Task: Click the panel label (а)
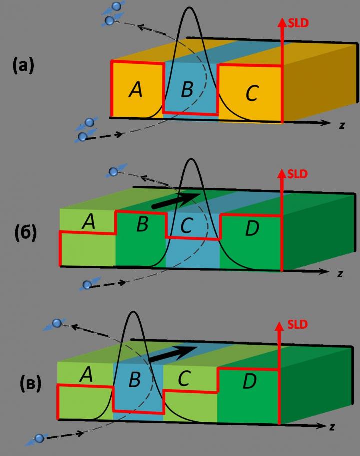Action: click(x=23, y=66)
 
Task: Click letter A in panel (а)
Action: click(x=135, y=89)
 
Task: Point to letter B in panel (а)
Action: click(x=187, y=90)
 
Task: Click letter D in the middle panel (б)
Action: click(x=252, y=229)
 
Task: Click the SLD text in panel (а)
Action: click(x=298, y=22)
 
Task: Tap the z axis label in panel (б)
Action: click(x=340, y=274)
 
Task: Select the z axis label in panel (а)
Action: click(x=342, y=125)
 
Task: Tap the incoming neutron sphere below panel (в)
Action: click(x=39, y=438)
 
